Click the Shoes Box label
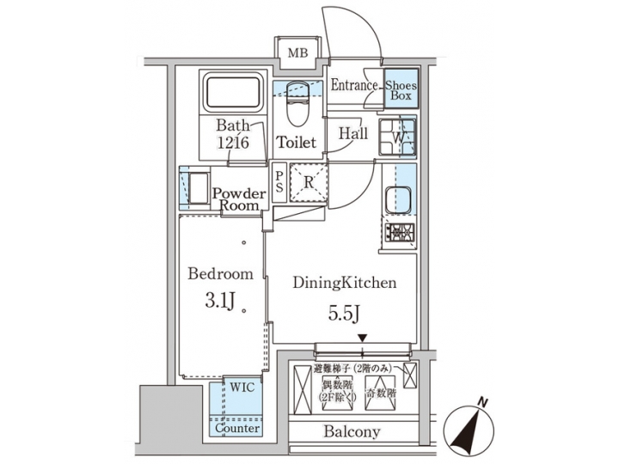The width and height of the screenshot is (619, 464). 400,90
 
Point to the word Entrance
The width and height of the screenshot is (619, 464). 354,85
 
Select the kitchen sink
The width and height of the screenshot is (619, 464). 399,201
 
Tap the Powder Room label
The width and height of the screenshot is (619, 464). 237,199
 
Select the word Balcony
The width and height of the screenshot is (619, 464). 352,431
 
